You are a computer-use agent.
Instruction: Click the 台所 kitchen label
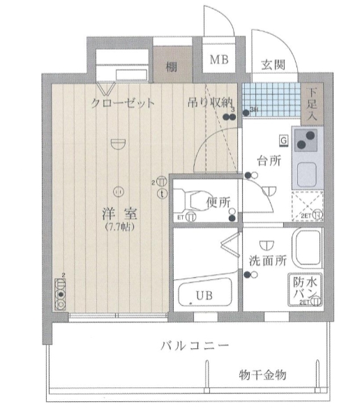(269, 161)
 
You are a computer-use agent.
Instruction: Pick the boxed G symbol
(283, 139)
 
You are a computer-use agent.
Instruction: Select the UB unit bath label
(203, 295)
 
